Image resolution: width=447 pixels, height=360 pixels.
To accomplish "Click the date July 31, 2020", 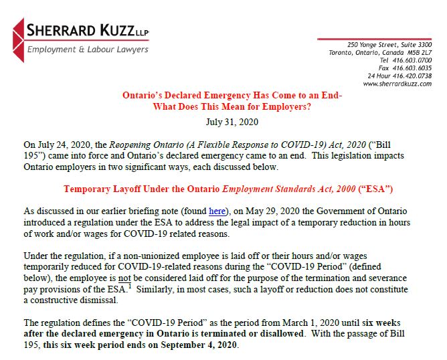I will click(233, 122).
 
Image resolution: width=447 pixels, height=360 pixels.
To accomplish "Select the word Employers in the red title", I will click(286, 107).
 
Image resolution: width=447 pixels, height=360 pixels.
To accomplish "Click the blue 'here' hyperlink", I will click(217, 211).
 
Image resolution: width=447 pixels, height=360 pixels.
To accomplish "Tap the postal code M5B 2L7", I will click(417, 52).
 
